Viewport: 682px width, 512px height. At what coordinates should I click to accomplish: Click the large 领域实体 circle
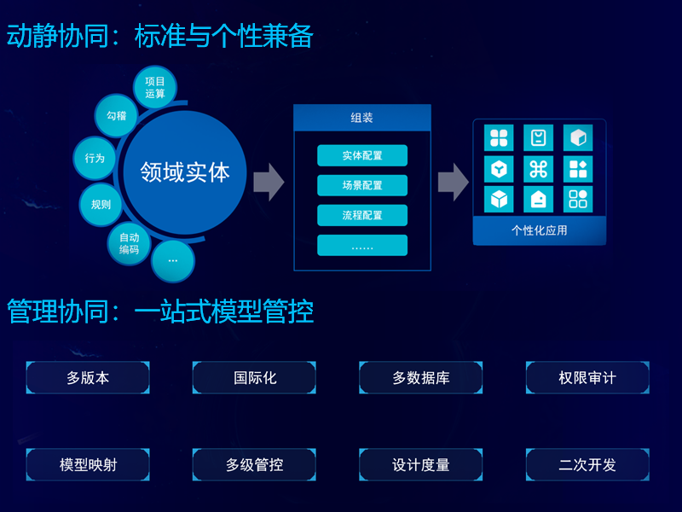(185, 172)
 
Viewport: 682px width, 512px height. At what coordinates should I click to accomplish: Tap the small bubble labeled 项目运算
(155, 88)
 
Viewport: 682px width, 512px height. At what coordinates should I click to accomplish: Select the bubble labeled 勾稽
(117, 115)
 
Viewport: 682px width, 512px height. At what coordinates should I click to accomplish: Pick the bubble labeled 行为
(95, 158)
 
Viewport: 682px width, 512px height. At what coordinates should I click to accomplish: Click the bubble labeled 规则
(101, 204)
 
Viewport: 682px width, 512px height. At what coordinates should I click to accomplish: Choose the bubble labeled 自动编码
(129, 243)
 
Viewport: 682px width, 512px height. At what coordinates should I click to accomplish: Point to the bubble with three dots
(173, 259)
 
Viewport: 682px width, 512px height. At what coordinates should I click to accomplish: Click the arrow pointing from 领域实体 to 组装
(269, 181)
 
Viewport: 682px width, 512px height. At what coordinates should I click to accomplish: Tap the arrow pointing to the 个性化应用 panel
(453, 181)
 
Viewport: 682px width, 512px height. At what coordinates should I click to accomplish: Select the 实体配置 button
(362, 156)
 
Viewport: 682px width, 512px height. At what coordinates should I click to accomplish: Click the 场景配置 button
(362, 185)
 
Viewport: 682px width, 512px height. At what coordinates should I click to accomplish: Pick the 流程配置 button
(362, 215)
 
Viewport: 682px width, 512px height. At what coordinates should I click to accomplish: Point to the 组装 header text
(362, 118)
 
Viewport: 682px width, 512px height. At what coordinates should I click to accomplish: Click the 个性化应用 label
(539, 230)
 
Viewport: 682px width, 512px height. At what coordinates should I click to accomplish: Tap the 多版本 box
(88, 378)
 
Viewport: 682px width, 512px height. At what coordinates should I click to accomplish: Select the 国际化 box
(254, 378)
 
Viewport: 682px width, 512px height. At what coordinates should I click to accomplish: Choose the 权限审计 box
(587, 378)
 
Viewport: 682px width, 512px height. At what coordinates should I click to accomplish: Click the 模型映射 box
(88, 465)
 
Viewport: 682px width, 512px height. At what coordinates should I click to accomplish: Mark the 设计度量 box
(420, 465)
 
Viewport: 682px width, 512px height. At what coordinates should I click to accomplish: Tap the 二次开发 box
(587, 465)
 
